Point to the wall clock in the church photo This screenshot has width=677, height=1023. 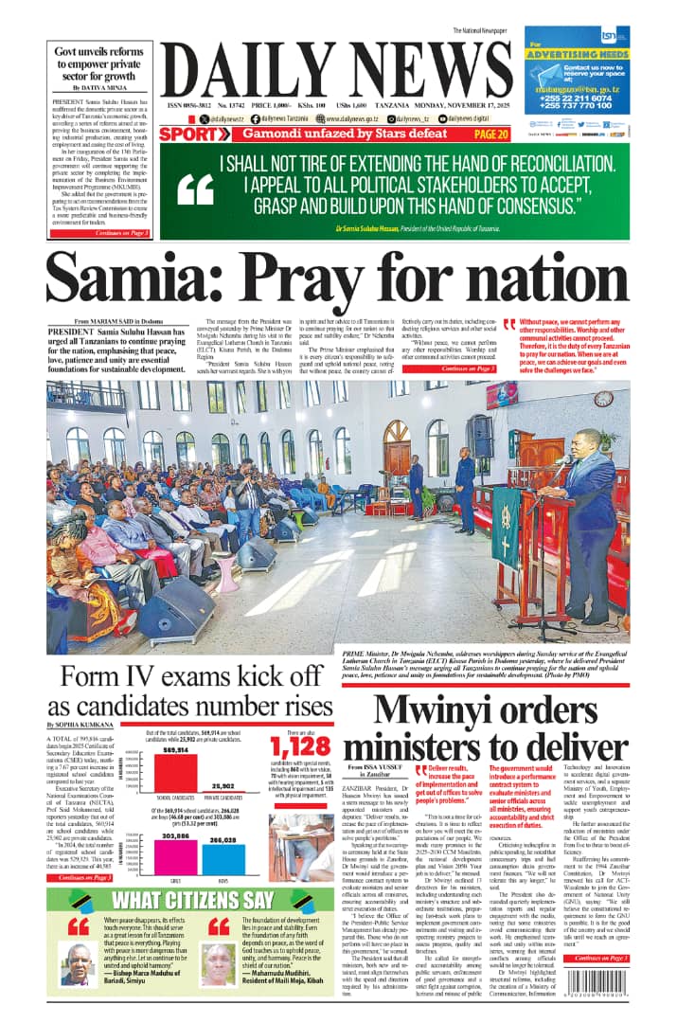pyautogui.click(x=604, y=398)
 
